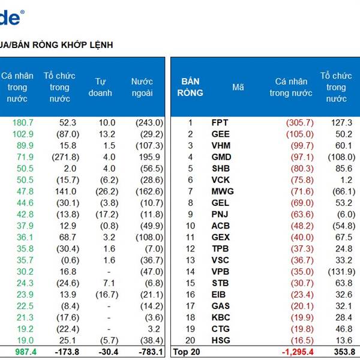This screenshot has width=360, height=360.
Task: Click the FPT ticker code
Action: (x=220, y=122)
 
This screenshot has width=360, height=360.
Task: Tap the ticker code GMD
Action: (x=221, y=157)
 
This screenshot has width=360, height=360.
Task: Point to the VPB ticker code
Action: (x=221, y=271)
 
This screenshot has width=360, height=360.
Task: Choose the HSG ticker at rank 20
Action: (x=221, y=340)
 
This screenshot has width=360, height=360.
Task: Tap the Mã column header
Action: (x=238, y=87)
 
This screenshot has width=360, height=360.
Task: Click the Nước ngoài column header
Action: (x=142, y=87)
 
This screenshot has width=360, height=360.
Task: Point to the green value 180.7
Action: (x=23, y=122)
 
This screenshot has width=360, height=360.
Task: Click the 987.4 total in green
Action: (x=22, y=352)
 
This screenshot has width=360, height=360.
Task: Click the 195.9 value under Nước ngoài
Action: (x=151, y=157)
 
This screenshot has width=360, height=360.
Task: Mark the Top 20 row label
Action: (x=185, y=352)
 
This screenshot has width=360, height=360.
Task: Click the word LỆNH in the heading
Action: (x=100, y=45)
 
